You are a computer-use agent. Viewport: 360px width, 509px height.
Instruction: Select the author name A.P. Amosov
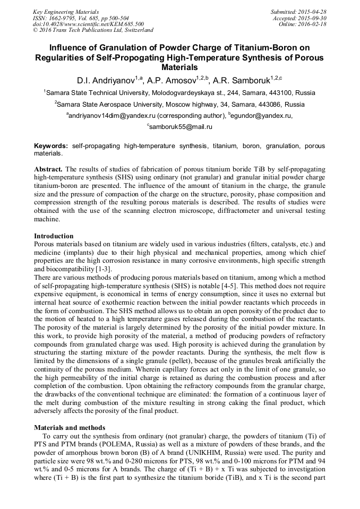tap(172, 81)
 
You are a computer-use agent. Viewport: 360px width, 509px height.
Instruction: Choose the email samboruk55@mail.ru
tap(181, 127)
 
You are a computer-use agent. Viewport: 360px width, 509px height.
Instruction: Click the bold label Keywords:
tap(51, 145)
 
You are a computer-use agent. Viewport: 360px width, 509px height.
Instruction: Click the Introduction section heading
tap(54, 236)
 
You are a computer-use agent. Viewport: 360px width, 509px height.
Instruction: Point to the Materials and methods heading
tap(70, 427)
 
